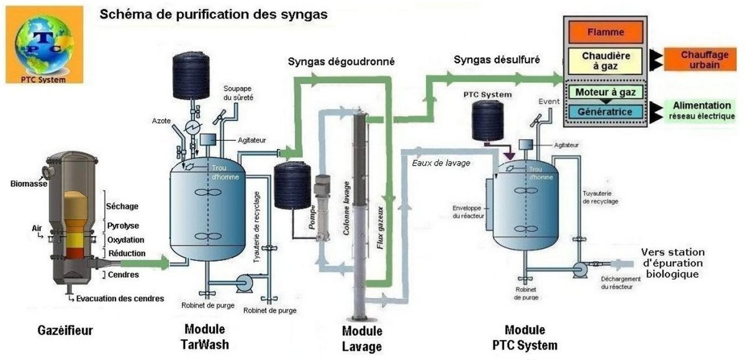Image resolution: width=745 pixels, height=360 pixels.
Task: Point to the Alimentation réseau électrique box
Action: pos(702,110)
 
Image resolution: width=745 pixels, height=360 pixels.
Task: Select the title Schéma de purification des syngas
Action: pos(213,14)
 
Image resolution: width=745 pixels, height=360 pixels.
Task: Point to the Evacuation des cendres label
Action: pos(120,299)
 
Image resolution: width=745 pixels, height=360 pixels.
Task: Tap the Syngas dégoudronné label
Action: pos(341,61)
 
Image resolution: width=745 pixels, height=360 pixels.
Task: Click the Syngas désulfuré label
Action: pos(497,60)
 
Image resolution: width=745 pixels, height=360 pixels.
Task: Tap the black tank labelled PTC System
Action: pos(487,120)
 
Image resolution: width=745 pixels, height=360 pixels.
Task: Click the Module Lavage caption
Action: pos(362,338)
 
